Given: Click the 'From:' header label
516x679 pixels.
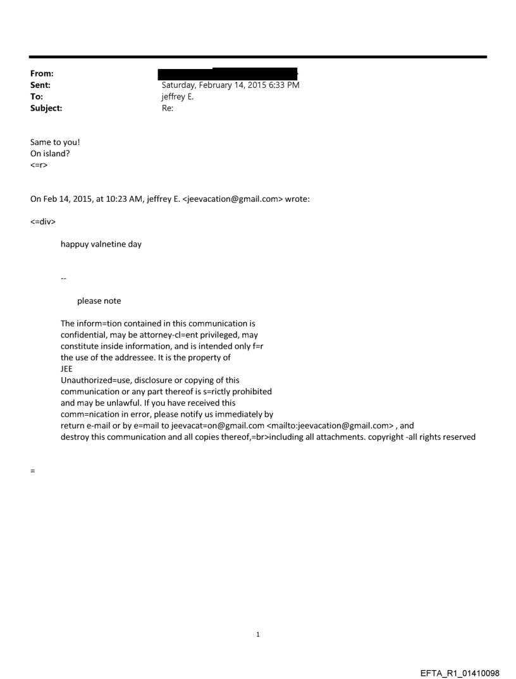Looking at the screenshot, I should pyautogui.click(x=41, y=73).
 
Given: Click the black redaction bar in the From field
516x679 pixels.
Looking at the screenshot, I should pyautogui.click(x=228, y=74).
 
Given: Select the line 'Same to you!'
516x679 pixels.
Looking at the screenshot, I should pyautogui.click(x=55, y=142).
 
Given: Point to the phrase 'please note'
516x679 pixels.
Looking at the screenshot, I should pyautogui.click(x=99, y=301).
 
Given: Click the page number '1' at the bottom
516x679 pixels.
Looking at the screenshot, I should pyautogui.click(x=258, y=635).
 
